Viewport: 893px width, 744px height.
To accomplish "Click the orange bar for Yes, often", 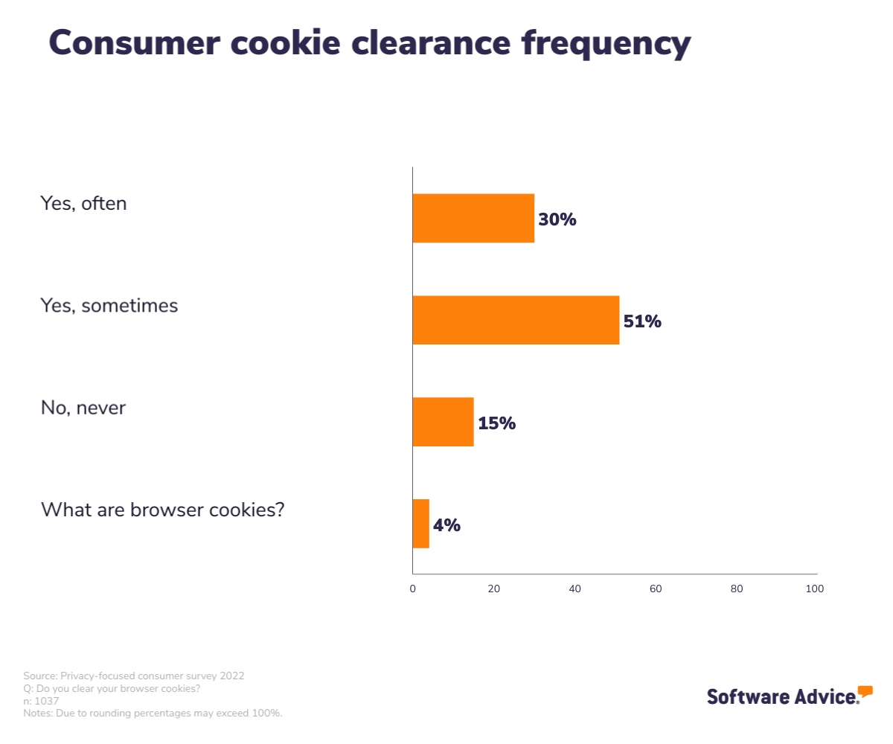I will click(x=473, y=218).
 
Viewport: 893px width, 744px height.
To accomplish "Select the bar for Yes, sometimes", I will click(x=516, y=320).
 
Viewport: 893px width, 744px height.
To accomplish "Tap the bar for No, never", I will click(x=443, y=422).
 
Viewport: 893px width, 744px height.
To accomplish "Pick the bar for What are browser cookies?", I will click(x=421, y=524).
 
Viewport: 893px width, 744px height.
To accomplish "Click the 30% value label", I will click(x=557, y=219).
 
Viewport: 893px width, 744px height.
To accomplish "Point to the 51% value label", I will click(x=642, y=321).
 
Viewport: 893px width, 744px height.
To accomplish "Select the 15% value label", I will click(x=496, y=423).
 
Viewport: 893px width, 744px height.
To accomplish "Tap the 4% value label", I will click(x=446, y=525).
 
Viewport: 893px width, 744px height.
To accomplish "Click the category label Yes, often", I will click(x=83, y=203).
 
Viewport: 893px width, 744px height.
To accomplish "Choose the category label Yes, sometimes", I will click(x=109, y=305).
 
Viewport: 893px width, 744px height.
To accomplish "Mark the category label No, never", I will click(x=83, y=408).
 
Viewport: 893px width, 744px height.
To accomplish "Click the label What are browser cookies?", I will click(x=162, y=510).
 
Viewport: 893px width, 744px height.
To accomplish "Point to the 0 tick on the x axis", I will click(x=413, y=589).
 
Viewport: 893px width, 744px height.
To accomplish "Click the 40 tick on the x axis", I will click(x=574, y=589).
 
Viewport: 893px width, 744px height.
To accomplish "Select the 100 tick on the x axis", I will click(x=815, y=589).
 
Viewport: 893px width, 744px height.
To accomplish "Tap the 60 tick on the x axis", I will click(x=656, y=589).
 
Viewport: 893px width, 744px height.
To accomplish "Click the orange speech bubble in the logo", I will click(x=865, y=691).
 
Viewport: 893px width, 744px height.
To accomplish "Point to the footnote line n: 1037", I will click(x=41, y=701).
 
